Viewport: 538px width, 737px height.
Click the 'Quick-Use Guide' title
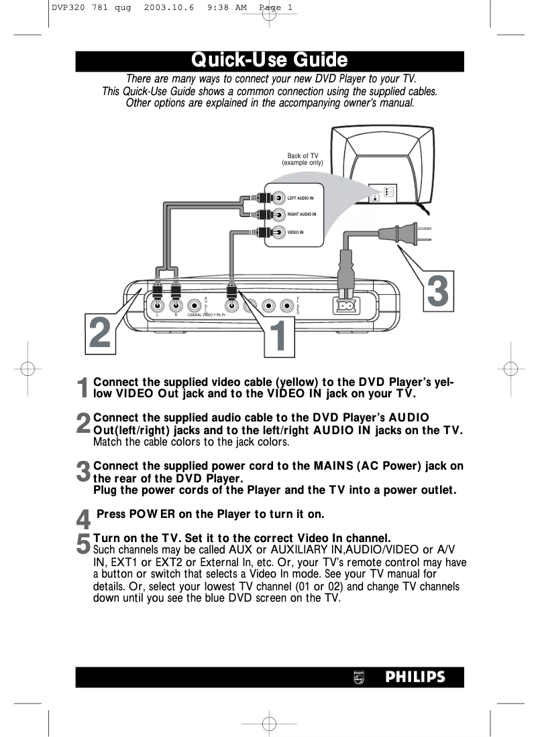269,60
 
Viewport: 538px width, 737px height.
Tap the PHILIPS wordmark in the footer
415,677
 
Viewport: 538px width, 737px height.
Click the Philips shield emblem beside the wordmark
359,677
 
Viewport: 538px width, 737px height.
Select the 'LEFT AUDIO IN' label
301,198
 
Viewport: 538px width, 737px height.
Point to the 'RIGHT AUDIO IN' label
302,214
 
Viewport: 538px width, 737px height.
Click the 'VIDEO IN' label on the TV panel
296,232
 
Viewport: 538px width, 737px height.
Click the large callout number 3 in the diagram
437,292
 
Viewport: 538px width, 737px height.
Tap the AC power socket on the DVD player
347,306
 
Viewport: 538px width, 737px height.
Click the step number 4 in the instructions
83,519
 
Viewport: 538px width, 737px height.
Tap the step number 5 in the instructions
83,543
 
